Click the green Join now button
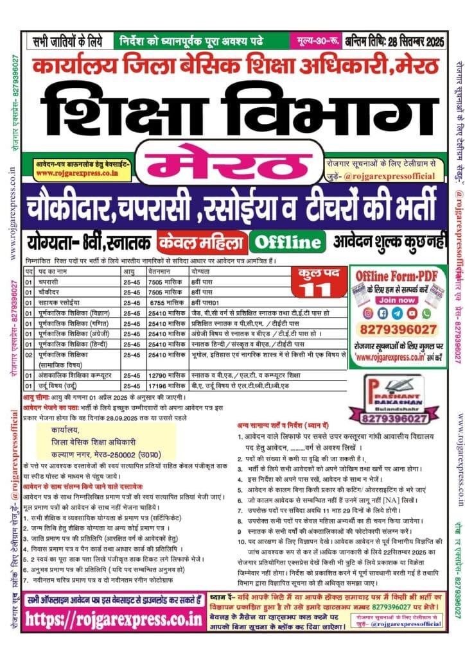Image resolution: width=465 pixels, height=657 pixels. [397, 299]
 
